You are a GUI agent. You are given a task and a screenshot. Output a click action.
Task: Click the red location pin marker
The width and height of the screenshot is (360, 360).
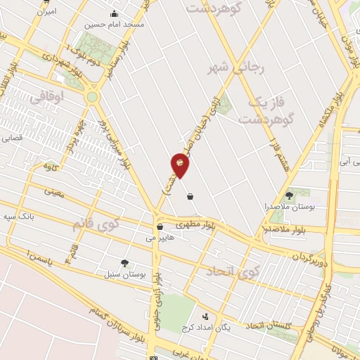point(180,165)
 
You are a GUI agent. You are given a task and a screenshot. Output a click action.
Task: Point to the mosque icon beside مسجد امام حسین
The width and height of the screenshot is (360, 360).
point(114,14)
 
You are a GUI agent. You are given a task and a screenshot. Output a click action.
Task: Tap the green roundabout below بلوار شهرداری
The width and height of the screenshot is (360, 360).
point(92,97)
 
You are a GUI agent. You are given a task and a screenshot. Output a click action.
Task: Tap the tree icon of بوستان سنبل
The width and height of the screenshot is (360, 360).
point(124,263)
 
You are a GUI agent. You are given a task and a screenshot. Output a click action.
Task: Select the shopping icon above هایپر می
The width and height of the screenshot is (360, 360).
point(160,227)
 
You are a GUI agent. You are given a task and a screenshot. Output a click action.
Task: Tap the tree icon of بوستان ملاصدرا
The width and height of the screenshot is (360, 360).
point(289,195)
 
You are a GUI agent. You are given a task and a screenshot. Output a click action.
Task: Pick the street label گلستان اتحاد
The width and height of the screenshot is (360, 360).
point(264,325)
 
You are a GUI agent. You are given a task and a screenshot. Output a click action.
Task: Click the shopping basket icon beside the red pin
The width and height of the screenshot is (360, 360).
point(191,197)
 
